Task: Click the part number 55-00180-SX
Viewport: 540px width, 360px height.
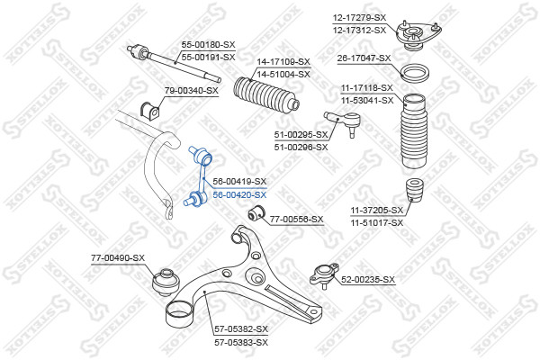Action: [209, 45]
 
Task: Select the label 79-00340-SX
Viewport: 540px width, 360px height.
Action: [192, 91]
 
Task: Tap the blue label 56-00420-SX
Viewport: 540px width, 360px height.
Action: [239, 195]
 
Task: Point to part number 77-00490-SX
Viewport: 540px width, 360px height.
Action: [118, 258]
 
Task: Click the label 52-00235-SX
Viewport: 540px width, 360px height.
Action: [368, 280]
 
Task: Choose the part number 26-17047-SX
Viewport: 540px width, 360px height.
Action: [364, 58]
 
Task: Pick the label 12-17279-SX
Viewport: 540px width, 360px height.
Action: [359, 18]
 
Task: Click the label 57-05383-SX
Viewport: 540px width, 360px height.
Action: [241, 343]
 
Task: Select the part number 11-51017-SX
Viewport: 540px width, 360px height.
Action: [377, 223]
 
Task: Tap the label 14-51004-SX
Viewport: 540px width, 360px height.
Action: [283, 75]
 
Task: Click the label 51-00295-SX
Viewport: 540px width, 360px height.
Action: [301, 135]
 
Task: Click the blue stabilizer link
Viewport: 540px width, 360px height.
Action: [198, 177]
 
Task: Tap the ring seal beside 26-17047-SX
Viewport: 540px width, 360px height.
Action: [416, 74]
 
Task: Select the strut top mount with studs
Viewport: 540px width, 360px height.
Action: [418, 36]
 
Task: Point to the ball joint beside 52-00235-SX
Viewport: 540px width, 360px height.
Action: [324, 275]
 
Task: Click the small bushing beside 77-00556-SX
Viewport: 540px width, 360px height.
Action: [256, 213]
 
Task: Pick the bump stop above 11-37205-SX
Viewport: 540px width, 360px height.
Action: [415, 191]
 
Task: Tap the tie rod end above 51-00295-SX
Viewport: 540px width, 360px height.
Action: [343, 123]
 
